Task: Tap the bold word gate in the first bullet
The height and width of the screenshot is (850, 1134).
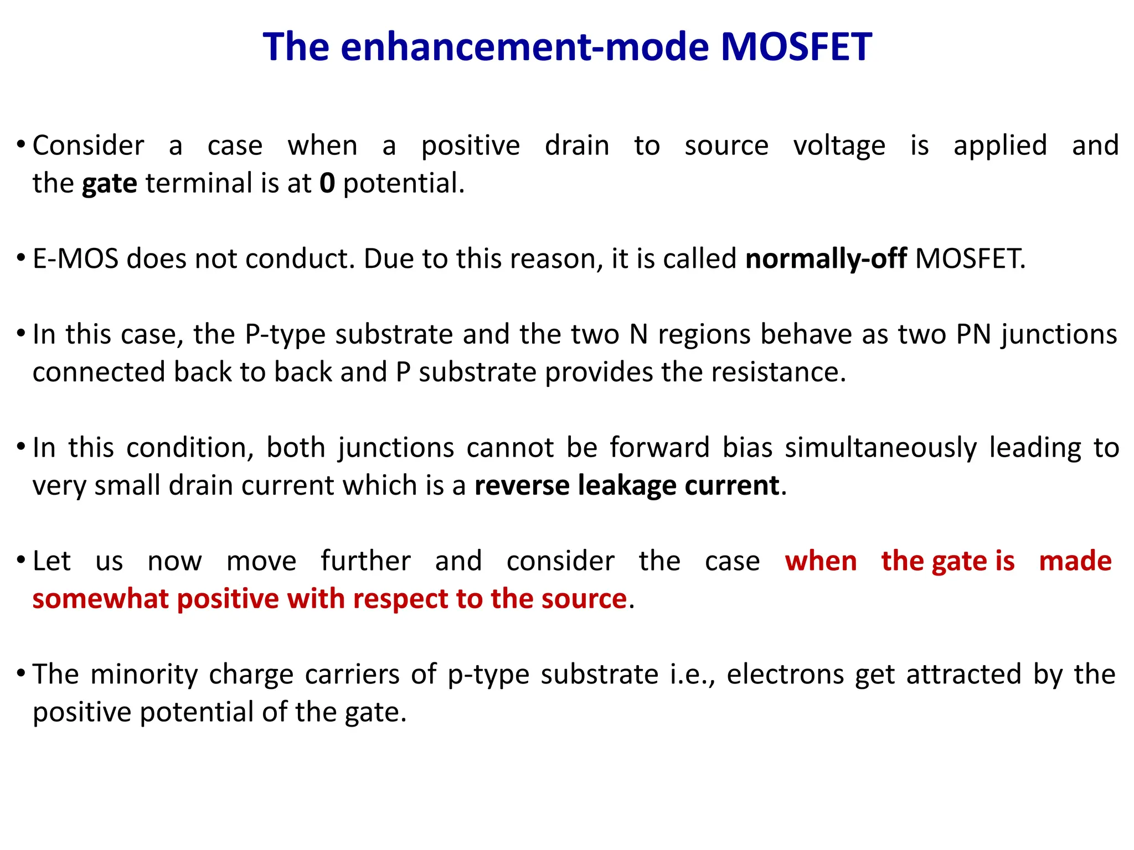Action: [109, 184]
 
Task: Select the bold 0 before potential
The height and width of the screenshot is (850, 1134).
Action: [327, 183]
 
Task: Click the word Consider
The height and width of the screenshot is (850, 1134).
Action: [88, 146]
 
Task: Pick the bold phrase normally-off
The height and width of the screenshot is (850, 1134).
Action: [826, 259]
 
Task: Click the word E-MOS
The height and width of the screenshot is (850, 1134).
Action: [75, 259]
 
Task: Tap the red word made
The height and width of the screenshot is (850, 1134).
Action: [1075, 562]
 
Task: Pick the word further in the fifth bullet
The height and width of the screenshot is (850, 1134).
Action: [365, 562]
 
